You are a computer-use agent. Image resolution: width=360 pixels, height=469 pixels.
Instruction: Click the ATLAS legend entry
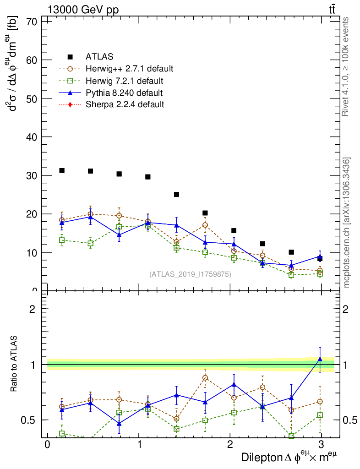99,57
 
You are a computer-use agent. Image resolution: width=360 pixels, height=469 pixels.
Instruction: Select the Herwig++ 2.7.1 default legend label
129,69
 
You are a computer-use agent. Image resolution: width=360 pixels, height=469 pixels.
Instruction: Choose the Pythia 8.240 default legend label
124,93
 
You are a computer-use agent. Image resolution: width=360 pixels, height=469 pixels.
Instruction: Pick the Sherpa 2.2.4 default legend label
125,105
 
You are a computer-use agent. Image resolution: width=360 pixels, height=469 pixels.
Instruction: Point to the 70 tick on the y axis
31,22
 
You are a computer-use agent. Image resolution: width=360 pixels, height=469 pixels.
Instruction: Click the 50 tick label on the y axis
31,98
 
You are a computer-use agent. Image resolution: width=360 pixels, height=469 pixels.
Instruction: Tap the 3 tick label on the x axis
322,445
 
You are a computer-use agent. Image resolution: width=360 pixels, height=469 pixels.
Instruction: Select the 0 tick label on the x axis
47,445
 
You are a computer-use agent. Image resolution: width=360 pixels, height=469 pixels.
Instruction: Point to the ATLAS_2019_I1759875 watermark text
190,274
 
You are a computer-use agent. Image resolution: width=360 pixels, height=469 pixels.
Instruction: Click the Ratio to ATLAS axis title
15,365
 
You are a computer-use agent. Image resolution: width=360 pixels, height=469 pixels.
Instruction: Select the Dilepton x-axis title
290,457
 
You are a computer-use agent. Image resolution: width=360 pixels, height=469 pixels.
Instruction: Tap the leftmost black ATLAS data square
62,171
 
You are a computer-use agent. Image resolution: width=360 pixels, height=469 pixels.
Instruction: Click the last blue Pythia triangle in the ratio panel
320,359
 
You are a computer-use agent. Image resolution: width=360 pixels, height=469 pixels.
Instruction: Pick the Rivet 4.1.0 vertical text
346,66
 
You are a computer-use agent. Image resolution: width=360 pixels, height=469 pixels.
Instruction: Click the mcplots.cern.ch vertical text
346,222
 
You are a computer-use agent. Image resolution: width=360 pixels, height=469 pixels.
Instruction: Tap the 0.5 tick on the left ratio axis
32,420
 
